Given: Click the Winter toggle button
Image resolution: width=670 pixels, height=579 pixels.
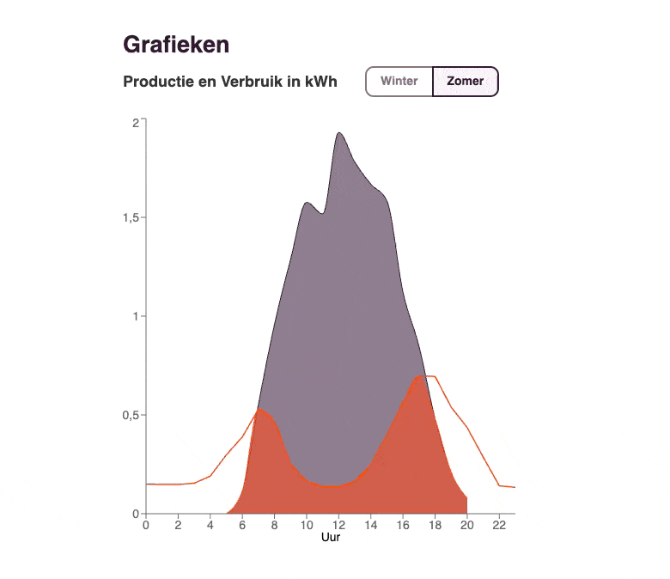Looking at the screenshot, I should [x=399, y=82].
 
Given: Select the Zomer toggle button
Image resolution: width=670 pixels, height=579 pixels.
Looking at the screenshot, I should [x=466, y=82].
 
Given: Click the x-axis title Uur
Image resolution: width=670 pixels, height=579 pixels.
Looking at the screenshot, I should [x=330, y=537].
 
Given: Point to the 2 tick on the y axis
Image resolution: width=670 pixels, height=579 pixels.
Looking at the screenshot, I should [x=135, y=122].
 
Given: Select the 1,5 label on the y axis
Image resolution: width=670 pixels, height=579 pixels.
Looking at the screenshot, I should [x=131, y=217].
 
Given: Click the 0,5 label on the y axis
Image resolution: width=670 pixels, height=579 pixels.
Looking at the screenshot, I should [x=131, y=415].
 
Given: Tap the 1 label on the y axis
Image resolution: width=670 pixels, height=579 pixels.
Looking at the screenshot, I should [x=135, y=316].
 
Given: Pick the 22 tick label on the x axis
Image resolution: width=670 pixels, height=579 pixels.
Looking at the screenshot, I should [x=499, y=524].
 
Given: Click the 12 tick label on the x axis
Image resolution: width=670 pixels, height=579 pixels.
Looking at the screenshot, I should [x=338, y=524].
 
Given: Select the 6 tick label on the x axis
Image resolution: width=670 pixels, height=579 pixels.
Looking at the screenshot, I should [x=242, y=524].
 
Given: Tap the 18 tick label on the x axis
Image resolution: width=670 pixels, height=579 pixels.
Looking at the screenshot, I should [x=435, y=524].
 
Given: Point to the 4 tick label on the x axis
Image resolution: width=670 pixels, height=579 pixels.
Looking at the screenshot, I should [x=210, y=524].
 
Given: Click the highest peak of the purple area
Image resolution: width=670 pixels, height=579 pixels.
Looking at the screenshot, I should [x=339, y=133].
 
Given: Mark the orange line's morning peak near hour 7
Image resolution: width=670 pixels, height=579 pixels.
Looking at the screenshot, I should [x=259, y=409].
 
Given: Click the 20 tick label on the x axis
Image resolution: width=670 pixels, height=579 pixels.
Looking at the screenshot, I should [x=466, y=524].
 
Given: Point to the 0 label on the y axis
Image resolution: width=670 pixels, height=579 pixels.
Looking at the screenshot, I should [x=135, y=514].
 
